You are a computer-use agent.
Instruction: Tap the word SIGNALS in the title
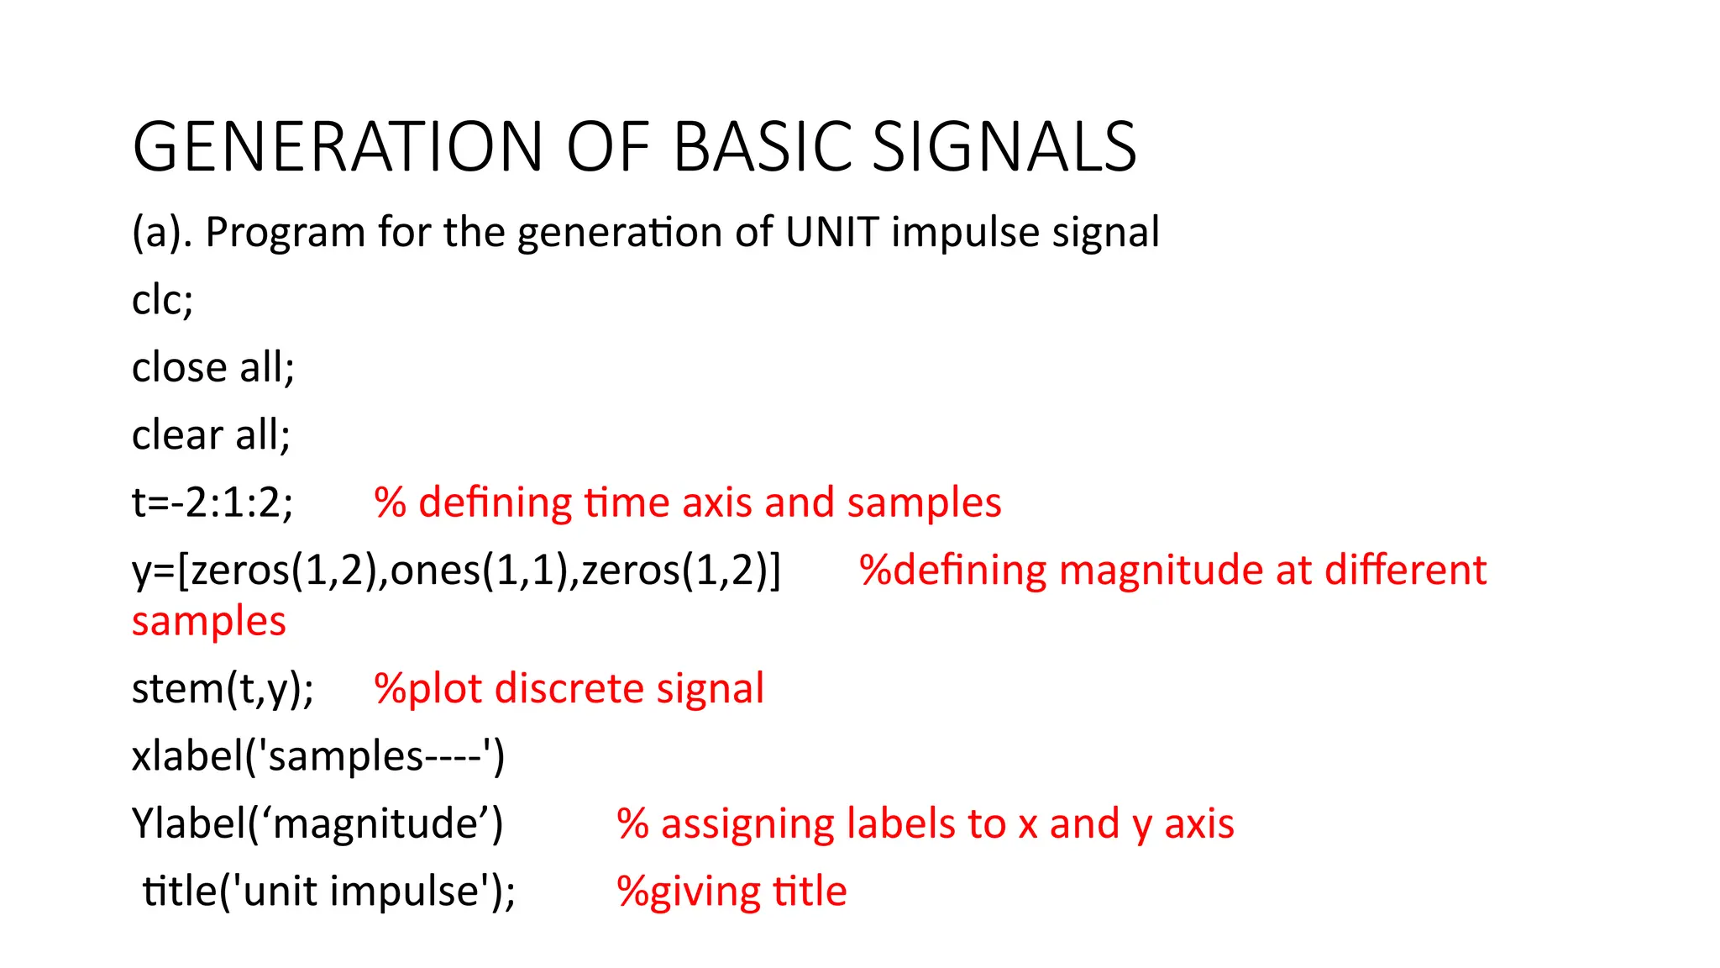(1004, 147)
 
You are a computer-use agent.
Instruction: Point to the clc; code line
(163, 300)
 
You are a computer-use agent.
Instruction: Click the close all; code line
(213, 367)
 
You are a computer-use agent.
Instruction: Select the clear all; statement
(211, 435)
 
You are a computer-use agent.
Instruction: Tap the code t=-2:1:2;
(212, 502)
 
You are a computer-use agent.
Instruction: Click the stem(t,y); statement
(223, 688)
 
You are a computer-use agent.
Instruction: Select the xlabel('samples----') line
(318, 755)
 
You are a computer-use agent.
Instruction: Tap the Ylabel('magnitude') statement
(317, 823)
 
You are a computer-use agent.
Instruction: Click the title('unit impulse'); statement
(329, 891)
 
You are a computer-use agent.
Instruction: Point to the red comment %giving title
(731, 892)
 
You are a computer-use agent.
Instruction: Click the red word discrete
(569, 688)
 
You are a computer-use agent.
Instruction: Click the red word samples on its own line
(209, 622)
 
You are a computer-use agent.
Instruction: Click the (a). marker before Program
(162, 233)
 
